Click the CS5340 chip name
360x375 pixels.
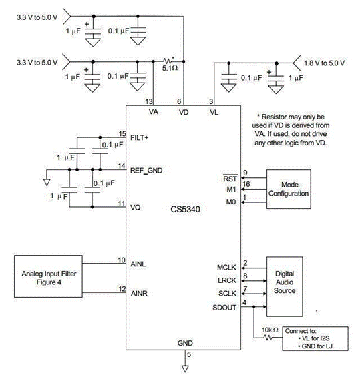[185, 210]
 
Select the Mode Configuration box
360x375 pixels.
[289, 189]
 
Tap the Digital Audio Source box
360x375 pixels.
[285, 286]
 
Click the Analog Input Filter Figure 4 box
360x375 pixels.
[48, 276]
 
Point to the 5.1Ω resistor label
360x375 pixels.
[170, 68]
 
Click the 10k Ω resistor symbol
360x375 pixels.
[268, 338]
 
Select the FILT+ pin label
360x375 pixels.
[140, 138]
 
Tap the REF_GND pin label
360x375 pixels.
[146, 171]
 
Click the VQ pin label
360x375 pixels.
[136, 207]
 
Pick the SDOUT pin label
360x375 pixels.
[224, 308]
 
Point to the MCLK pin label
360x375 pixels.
[226, 268]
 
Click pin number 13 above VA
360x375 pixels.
[149, 101]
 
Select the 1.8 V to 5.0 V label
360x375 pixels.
[325, 63]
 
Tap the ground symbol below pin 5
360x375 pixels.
[185, 368]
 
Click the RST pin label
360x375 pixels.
[230, 179]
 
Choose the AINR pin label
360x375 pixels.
[139, 293]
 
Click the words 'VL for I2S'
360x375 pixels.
[316, 338]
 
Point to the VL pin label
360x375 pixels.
[214, 112]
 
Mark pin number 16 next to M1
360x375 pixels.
[246, 184]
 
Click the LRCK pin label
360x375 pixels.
[227, 280]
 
